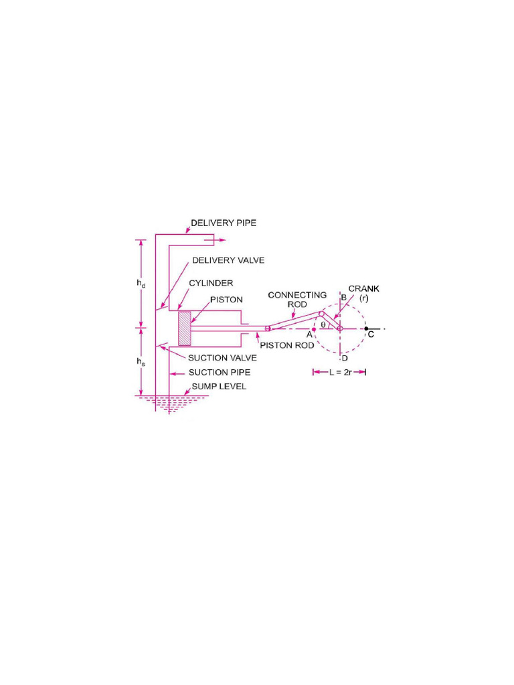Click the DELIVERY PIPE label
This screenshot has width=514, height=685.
224,223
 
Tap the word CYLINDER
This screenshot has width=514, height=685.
211,284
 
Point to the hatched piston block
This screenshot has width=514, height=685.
184,328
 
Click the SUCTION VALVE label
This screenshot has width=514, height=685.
221,358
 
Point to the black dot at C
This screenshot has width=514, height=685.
366,329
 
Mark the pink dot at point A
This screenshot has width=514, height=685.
314,329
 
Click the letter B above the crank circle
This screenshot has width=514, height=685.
343,297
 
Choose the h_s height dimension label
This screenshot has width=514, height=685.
141,361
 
